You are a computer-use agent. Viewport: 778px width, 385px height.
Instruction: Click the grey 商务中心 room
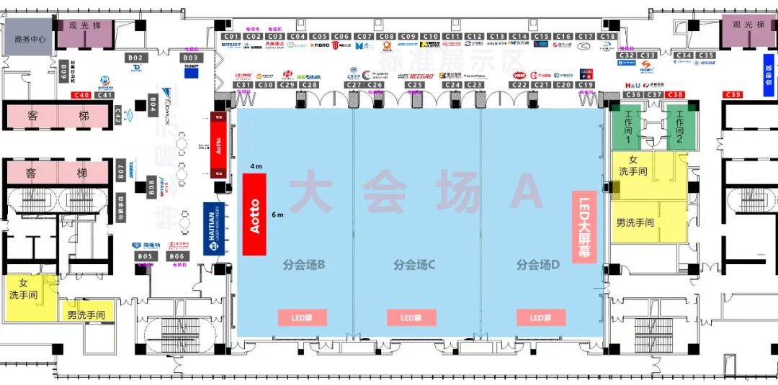point(30,40)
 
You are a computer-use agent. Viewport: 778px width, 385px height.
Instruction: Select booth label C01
point(231,36)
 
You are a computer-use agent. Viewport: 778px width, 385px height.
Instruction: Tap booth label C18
point(608,36)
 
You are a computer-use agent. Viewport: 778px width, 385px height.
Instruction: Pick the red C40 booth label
point(81,95)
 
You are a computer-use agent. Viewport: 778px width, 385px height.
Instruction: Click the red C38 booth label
point(676,95)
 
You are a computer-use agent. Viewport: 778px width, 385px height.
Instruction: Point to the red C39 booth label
point(733,95)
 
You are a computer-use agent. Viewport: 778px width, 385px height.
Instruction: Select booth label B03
point(191,58)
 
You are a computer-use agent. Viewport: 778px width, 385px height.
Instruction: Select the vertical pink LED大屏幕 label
point(584,226)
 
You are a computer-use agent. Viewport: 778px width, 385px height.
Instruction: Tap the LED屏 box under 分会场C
point(412,317)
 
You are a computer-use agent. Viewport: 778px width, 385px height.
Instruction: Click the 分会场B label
point(303,265)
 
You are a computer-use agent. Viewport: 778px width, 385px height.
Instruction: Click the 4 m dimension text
point(256,167)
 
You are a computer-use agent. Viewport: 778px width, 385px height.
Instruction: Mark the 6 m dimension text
point(277,214)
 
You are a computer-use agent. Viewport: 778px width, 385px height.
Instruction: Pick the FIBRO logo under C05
point(320,45)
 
